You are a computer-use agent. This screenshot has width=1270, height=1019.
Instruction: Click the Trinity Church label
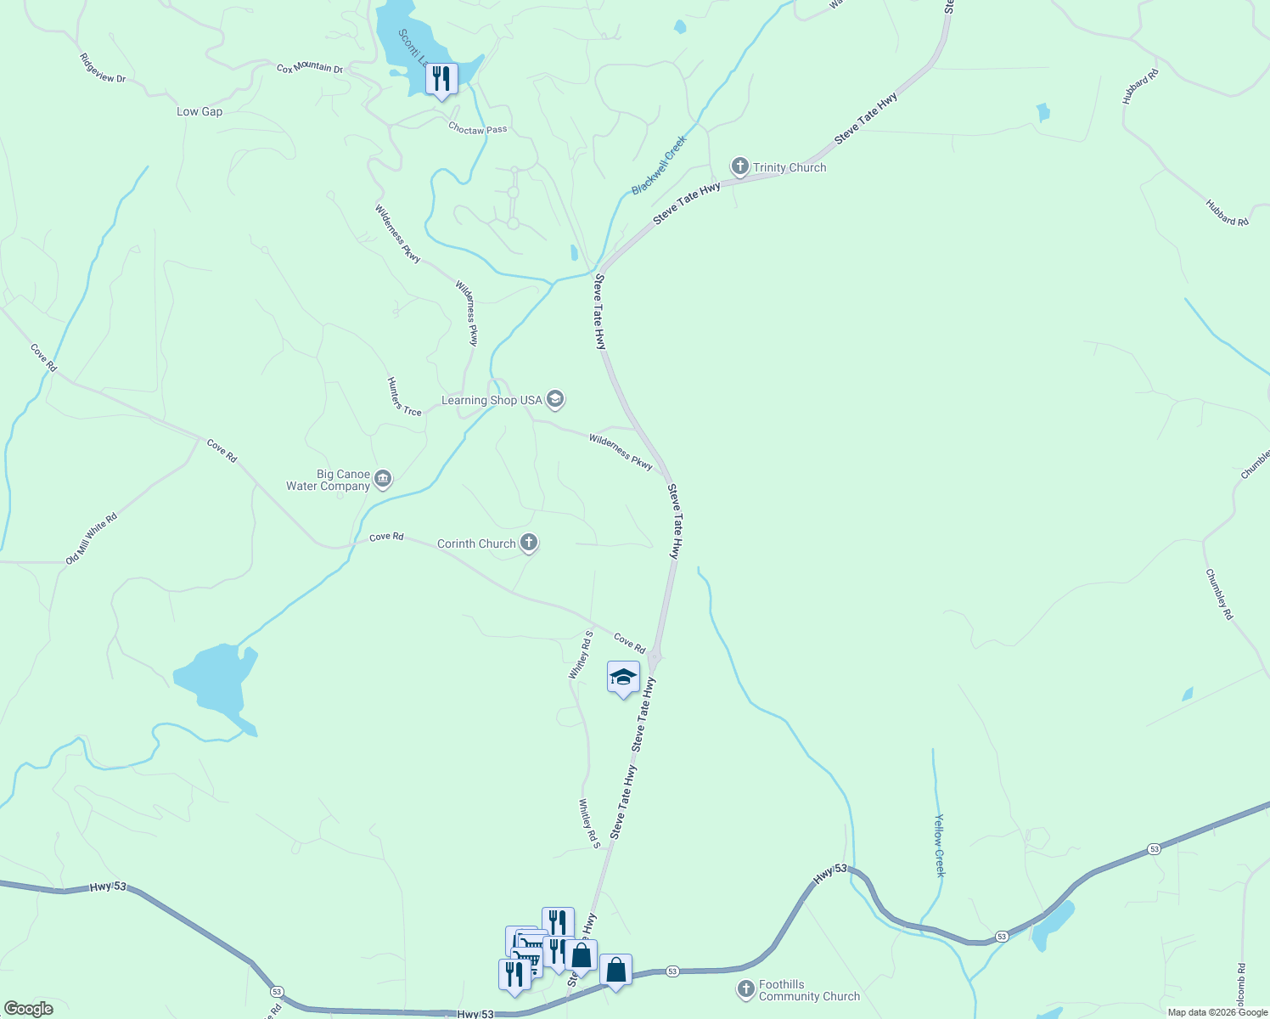click(x=790, y=167)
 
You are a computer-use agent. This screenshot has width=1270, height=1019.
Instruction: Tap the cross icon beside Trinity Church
click(x=740, y=166)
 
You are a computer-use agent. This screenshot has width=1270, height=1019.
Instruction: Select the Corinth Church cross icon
click(x=529, y=543)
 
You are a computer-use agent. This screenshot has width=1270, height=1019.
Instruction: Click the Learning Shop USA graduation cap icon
click(x=555, y=399)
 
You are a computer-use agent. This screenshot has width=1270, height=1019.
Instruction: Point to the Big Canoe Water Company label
click(x=329, y=481)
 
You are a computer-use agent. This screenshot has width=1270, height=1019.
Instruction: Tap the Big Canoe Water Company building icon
click(x=383, y=480)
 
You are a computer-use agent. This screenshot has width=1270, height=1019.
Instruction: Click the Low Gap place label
click(x=199, y=111)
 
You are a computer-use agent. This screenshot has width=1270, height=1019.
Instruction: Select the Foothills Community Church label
click(x=809, y=991)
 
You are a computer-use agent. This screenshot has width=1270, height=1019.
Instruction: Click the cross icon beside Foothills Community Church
click(x=745, y=989)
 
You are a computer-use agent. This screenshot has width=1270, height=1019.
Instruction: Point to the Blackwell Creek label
click(x=659, y=165)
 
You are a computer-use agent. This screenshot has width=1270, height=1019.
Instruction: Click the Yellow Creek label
click(x=939, y=845)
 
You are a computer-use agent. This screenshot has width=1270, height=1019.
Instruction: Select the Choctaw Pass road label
click(x=477, y=129)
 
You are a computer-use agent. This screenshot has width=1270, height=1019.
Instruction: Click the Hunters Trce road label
click(x=404, y=397)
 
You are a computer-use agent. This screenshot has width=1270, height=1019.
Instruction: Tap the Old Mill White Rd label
click(x=92, y=538)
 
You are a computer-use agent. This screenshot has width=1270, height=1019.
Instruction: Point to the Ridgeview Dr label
click(x=102, y=68)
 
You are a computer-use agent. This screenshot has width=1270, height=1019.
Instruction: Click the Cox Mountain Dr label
click(x=309, y=68)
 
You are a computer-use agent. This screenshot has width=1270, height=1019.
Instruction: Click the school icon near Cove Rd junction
click(x=623, y=678)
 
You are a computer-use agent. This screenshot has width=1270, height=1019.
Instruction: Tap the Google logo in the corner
click(x=28, y=1009)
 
